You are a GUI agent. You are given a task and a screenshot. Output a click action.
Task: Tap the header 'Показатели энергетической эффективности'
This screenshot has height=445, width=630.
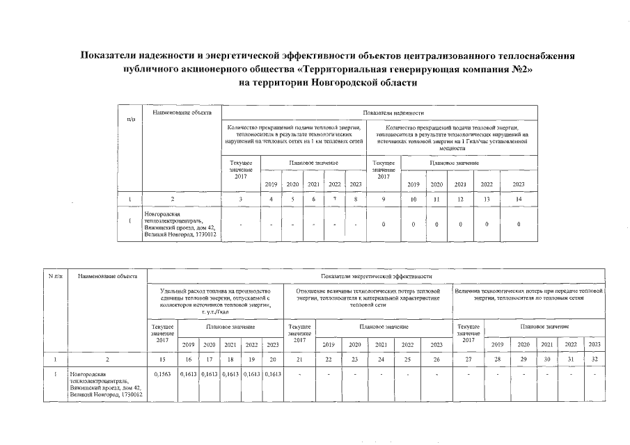point(377,277)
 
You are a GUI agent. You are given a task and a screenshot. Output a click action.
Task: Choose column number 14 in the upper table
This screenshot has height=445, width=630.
point(519,200)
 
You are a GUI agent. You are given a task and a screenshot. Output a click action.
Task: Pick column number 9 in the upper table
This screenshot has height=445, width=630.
point(383,200)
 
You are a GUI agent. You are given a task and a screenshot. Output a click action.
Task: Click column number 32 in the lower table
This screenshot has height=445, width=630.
point(594,359)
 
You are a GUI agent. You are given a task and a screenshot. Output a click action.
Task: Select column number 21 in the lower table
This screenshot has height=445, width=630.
point(299,359)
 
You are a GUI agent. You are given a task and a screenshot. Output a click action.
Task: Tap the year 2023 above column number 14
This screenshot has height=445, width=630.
point(519,184)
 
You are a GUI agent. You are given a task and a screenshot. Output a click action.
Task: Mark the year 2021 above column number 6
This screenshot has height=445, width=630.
point(314,184)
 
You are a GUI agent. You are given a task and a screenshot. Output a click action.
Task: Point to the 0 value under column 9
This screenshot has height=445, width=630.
point(383,225)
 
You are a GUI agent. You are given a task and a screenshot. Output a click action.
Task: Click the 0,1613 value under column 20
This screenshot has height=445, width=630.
point(273,375)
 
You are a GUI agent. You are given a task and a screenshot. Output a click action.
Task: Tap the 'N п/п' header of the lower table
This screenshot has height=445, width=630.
point(54,277)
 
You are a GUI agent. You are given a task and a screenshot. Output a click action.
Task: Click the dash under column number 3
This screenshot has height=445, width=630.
point(240,225)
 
